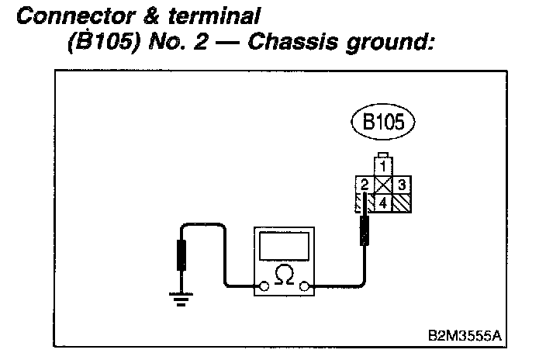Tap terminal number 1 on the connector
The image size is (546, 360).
(x=382, y=165)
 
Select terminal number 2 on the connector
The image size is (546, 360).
(x=364, y=185)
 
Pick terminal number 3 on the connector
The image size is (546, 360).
(x=402, y=185)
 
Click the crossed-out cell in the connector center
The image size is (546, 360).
(x=382, y=185)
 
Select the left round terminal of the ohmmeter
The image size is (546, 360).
(x=264, y=287)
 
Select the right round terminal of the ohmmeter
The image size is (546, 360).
(x=306, y=287)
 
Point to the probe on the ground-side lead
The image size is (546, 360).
(x=182, y=254)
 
